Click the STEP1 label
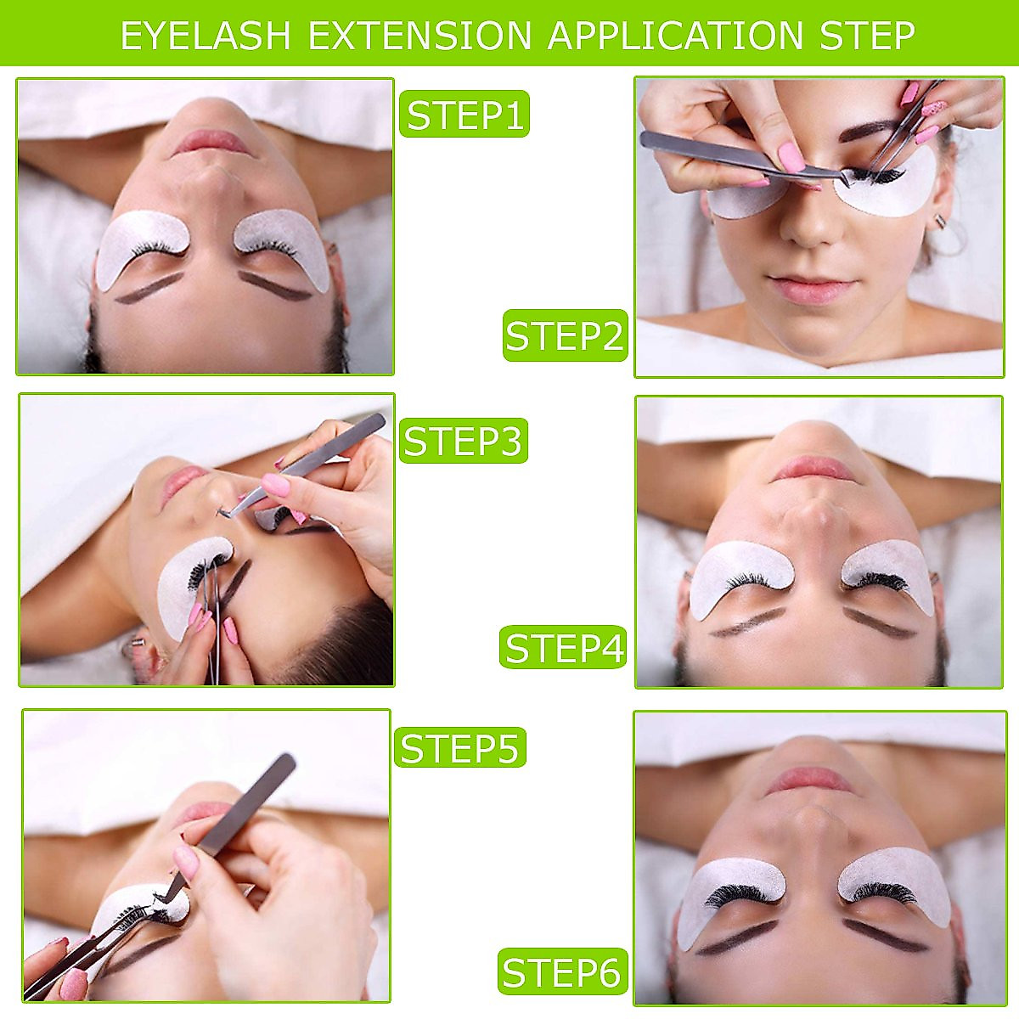[x=464, y=114]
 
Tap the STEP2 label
[x=565, y=335]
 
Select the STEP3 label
[x=463, y=440]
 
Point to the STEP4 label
[x=564, y=647]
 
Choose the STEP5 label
[x=459, y=747]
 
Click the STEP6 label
[x=562, y=971]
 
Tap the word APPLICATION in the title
[x=676, y=36]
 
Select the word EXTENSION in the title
[x=419, y=36]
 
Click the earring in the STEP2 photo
[x=940, y=222]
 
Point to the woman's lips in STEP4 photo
[x=814, y=468]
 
